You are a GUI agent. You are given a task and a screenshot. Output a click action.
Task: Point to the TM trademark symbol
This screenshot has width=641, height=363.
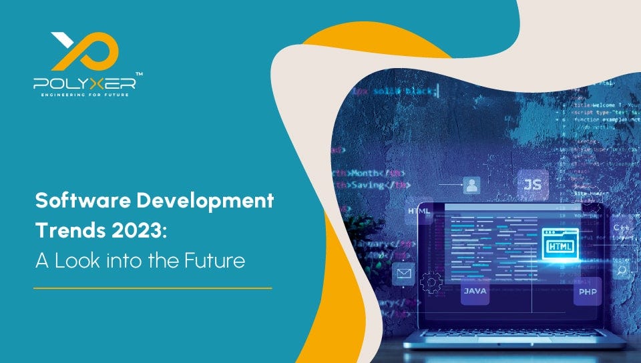(139, 73)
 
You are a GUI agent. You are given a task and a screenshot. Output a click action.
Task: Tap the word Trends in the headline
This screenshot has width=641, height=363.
(65, 230)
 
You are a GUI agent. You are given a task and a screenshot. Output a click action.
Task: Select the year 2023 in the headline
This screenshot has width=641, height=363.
(132, 230)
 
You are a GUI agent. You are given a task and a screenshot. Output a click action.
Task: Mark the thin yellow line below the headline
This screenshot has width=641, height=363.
(153, 288)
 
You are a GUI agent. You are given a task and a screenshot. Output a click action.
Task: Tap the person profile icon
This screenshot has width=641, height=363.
(472, 185)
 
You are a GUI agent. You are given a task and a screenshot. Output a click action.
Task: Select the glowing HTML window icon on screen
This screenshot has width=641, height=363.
(560, 244)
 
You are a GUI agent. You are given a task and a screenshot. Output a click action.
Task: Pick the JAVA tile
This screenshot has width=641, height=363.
(475, 291)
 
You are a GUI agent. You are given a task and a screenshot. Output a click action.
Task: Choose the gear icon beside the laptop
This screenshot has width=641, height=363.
(431, 283)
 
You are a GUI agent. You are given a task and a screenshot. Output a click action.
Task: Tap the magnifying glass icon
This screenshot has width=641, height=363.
(622, 270)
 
